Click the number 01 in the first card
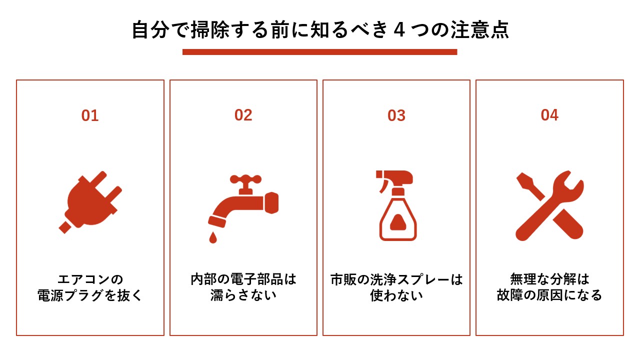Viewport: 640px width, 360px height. point(90,115)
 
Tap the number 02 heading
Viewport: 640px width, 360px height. point(243,115)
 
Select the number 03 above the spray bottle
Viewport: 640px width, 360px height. point(396,115)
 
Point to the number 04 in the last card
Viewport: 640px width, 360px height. point(549,115)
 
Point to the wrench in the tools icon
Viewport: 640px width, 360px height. point(555,200)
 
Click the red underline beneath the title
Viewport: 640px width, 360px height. point(319,51)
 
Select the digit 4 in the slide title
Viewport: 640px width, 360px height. point(399,30)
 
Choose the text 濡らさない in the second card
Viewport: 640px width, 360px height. point(243,295)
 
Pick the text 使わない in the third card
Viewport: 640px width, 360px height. point(396,295)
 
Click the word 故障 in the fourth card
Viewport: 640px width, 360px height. point(509,295)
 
